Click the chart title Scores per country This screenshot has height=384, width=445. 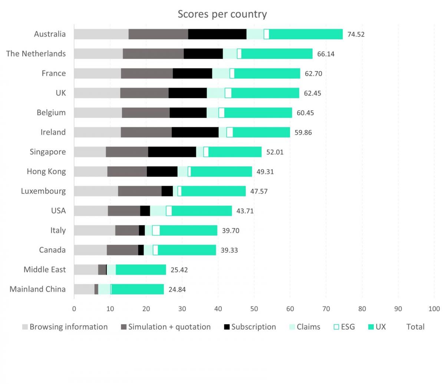[x=222, y=14]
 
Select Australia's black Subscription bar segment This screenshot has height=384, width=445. [x=217, y=34]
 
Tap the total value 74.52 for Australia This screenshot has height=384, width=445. [x=356, y=34]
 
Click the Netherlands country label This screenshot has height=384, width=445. [x=36, y=54]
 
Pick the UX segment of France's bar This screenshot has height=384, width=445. [x=267, y=73]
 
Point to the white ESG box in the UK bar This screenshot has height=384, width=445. [x=228, y=93]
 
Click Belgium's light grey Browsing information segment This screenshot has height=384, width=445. [x=98, y=113]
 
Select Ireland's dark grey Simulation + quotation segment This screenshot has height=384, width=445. [x=146, y=132]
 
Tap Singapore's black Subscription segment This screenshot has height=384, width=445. [x=172, y=152]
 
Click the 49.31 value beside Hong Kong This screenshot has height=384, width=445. [x=265, y=172]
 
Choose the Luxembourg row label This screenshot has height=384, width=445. [x=43, y=191]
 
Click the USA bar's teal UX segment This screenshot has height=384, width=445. [x=202, y=211]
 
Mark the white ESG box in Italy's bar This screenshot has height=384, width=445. [x=156, y=231]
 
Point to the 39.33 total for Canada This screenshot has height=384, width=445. [x=229, y=250]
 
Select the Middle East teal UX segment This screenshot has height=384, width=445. [x=141, y=270]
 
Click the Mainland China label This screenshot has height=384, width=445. [x=37, y=289]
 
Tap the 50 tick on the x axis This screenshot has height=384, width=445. [x=254, y=309]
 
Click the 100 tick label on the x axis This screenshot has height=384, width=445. [x=434, y=309]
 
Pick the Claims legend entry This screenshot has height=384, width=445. [x=304, y=327]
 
